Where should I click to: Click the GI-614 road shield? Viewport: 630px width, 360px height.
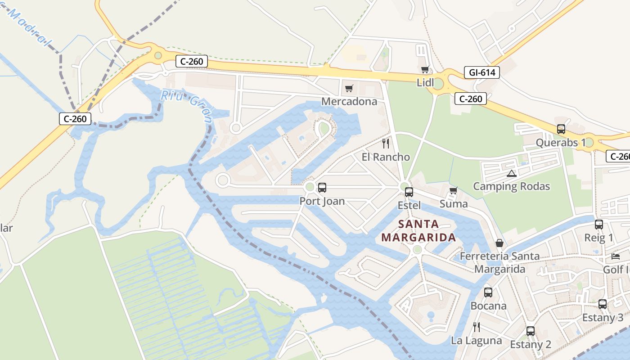point(482,72)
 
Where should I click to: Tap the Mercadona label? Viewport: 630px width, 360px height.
point(349,101)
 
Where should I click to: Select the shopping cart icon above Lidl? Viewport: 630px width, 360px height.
point(425,70)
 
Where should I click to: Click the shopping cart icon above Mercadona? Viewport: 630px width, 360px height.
point(349,88)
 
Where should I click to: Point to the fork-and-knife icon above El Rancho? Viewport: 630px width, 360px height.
point(386,144)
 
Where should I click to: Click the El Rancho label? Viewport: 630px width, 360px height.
point(386,157)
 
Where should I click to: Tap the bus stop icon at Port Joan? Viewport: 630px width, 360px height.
point(322,188)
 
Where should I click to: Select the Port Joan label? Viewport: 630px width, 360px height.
point(322,201)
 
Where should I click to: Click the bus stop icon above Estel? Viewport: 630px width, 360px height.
point(409,192)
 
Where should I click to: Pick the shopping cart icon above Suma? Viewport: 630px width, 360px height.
point(454,191)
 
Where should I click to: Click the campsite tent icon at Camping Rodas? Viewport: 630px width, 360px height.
point(511,173)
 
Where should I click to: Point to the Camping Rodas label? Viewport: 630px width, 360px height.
point(511,186)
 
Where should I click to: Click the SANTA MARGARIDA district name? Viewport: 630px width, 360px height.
point(418,231)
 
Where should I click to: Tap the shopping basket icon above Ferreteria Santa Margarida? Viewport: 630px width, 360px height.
point(499,243)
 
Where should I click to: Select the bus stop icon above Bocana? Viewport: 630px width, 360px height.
point(488,292)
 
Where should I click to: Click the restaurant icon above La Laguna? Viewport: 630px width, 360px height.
point(476,327)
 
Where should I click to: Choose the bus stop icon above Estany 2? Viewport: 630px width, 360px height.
point(531,331)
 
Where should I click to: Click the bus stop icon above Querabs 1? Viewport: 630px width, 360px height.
point(561,129)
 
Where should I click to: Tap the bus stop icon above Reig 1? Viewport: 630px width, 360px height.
point(599,225)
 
